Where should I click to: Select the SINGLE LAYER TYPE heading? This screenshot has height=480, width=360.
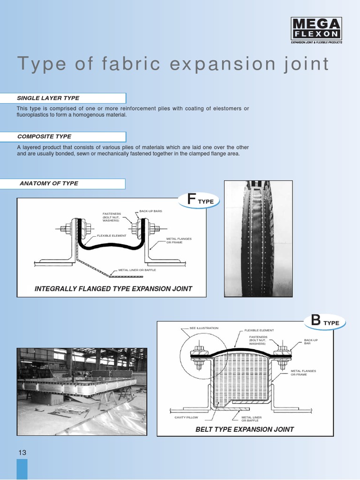click(x=48, y=98)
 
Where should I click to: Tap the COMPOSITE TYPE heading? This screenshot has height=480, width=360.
click(x=44, y=136)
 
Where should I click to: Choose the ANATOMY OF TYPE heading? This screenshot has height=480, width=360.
click(x=49, y=183)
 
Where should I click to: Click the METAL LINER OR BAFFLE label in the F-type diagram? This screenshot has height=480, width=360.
click(x=137, y=270)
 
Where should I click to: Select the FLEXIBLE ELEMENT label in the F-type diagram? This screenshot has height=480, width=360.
click(x=112, y=235)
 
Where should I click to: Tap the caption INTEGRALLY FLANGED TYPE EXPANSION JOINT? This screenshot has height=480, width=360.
click(x=113, y=289)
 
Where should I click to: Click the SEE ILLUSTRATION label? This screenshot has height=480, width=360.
click(x=204, y=328)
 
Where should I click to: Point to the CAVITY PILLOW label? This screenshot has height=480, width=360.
click(x=186, y=417)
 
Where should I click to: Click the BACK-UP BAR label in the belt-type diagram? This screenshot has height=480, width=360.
click(x=311, y=342)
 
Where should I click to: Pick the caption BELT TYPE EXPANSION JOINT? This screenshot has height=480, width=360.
click(x=245, y=429)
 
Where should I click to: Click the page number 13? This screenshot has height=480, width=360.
click(x=22, y=452)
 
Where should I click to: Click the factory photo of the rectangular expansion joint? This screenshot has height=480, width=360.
click(x=82, y=385)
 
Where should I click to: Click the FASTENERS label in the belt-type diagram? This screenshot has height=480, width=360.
click(x=258, y=340)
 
